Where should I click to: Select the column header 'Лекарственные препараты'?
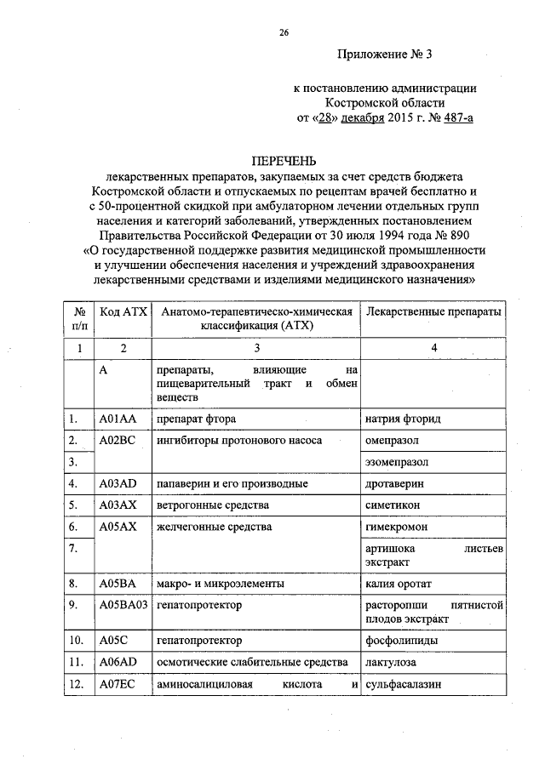pyautogui.click(x=433, y=313)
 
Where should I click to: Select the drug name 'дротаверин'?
pyautogui.click(x=394, y=483)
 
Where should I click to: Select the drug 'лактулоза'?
pyautogui.click(x=392, y=662)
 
